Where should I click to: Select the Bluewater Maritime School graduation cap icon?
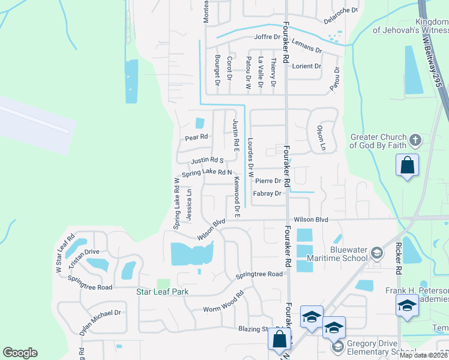376,252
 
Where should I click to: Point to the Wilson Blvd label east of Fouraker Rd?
311,220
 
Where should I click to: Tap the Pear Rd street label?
196,137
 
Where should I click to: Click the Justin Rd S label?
207,161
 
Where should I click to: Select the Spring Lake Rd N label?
206,172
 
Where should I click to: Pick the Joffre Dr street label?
268,37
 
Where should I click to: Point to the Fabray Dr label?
267,194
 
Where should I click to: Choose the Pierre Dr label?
268,181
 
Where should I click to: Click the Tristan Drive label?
83,252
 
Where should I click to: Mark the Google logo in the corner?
20,353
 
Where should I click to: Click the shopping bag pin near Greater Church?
407,166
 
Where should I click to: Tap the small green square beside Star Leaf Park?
163,283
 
